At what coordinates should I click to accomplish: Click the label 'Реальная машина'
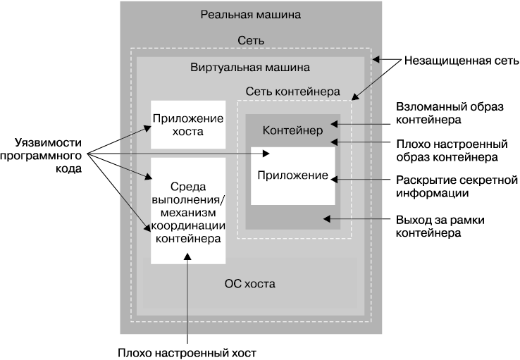(x=250, y=14)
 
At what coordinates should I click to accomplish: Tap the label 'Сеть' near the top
(x=250, y=41)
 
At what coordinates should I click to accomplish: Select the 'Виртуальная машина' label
(x=250, y=68)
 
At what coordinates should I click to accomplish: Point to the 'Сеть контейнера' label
(x=292, y=92)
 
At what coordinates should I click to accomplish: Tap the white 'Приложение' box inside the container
(x=292, y=175)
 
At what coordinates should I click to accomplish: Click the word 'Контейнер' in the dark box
(x=292, y=130)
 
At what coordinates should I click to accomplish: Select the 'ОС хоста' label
(x=250, y=285)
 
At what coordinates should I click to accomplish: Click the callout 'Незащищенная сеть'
(x=462, y=61)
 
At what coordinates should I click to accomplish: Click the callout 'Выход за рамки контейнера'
(x=440, y=226)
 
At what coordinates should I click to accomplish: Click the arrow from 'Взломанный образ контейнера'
(x=363, y=123)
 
